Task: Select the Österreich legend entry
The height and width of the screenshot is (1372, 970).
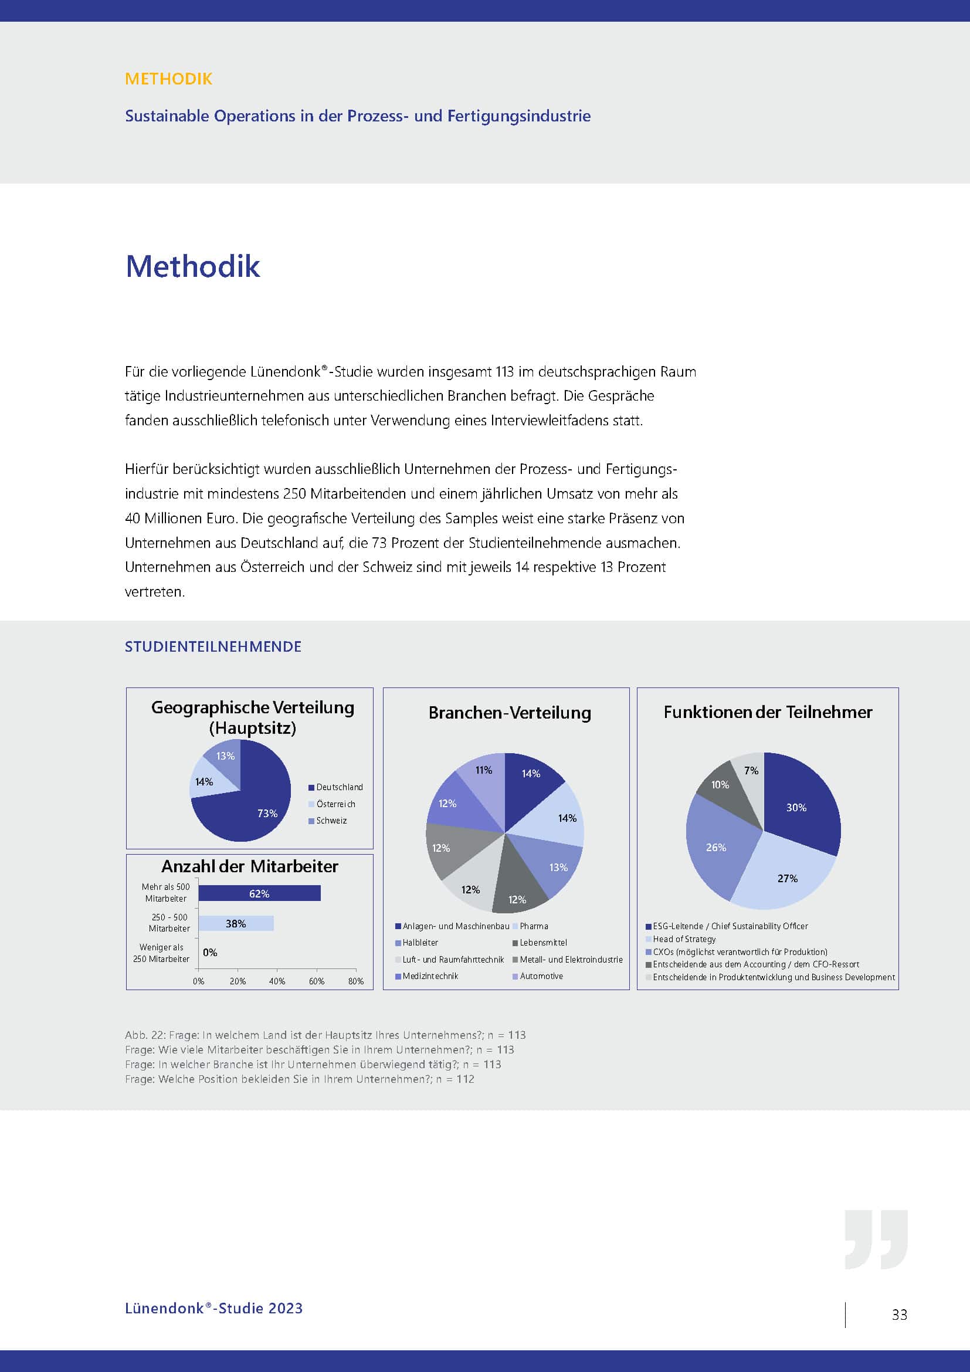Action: (x=335, y=804)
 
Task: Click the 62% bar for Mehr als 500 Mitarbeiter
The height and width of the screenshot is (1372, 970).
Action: (x=259, y=893)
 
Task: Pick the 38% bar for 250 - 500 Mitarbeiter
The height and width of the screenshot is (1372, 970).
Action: (x=236, y=923)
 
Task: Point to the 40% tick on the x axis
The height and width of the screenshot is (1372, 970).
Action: (x=277, y=981)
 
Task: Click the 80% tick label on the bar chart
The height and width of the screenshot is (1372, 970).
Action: (x=356, y=981)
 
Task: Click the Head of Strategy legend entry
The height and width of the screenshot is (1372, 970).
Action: (x=684, y=939)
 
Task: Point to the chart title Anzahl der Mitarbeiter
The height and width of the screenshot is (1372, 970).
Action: (x=250, y=866)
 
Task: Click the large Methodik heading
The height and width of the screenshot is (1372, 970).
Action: (x=193, y=266)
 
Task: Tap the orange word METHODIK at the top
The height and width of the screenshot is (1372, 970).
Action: (x=168, y=79)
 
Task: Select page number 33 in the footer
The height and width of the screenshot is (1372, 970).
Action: (x=899, y=1315)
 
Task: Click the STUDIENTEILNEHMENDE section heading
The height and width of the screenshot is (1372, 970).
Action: (x=213, y=646)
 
